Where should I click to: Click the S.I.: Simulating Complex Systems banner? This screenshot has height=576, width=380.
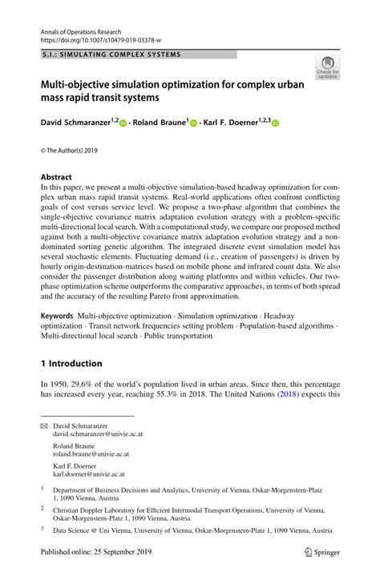click(111, 54)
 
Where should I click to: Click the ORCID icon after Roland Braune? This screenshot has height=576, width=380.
click(193, 123)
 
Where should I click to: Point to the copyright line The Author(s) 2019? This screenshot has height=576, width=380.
click(70, 150)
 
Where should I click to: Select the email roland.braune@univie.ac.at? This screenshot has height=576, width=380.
click(98, 455)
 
